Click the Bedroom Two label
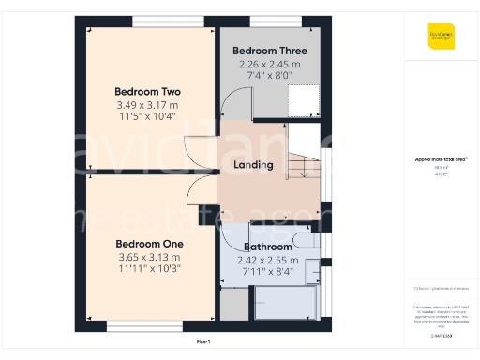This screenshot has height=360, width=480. point(147,91)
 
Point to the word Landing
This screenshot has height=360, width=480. point(253,165)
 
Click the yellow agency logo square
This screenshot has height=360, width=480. point(441,35)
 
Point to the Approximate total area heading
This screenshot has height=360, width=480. point(441,159)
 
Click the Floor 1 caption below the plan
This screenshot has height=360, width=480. point(203,341)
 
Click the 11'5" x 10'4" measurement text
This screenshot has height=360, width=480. point(147,118)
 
